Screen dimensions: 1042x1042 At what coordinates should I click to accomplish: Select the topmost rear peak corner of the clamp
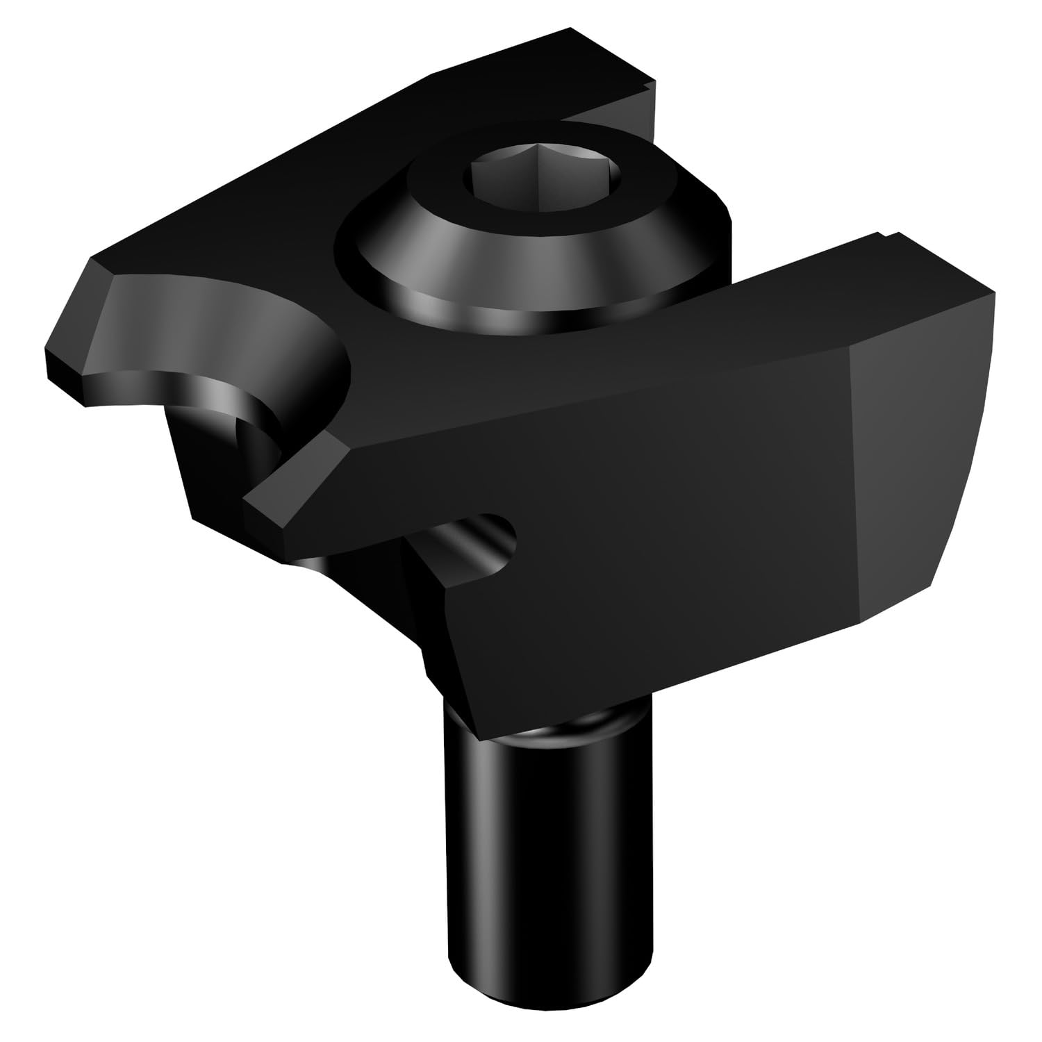pyautogui.click(x=570, y=31)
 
